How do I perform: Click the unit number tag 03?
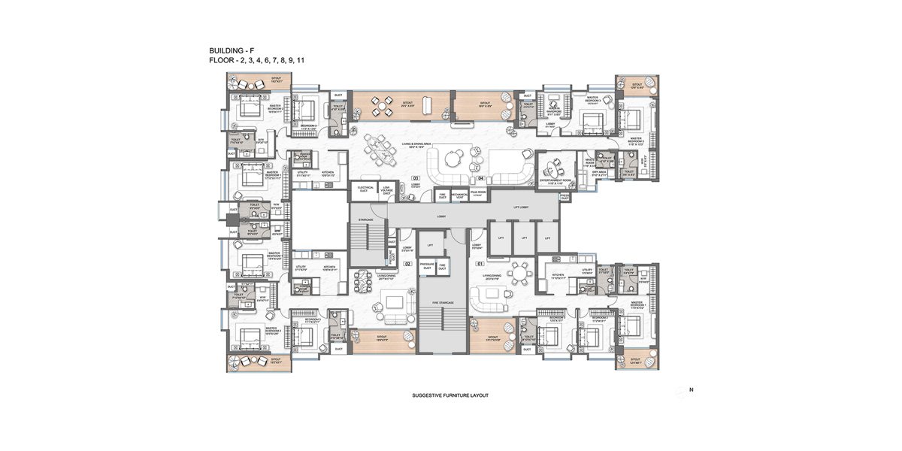coord(416,178)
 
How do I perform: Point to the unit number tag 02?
coord(408,264)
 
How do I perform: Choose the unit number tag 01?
coord(480,264)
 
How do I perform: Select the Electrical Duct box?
coord(366,189)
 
